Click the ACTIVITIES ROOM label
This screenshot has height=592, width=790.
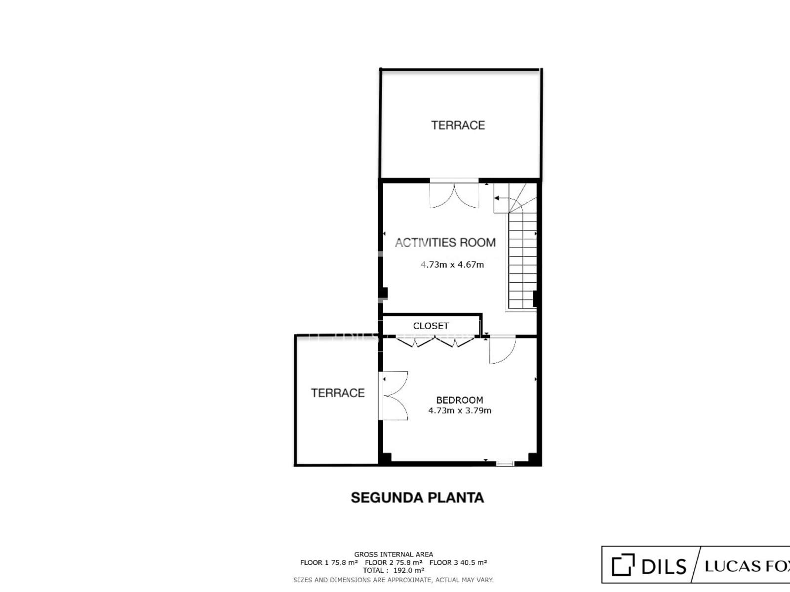(445, 243)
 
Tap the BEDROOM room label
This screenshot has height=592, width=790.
(460, 400)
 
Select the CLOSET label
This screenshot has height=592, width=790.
(431, 326)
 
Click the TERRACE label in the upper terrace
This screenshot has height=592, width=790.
(458, 125)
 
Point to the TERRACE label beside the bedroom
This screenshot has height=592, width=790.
(338, 393)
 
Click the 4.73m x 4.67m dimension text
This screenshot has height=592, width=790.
(452, 264)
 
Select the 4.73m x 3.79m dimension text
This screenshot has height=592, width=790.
(460, 410)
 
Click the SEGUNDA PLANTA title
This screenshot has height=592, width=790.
(418, 498)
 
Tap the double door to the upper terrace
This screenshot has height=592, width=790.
(454, 194)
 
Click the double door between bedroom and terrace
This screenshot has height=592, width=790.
(393, 396)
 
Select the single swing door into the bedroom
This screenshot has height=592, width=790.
(503, 349)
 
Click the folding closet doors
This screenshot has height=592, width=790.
(435, 341)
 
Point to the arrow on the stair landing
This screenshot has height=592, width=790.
(501, 198)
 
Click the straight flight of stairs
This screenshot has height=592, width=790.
(522, 260)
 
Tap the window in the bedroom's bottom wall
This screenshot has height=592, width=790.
(505, 463)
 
